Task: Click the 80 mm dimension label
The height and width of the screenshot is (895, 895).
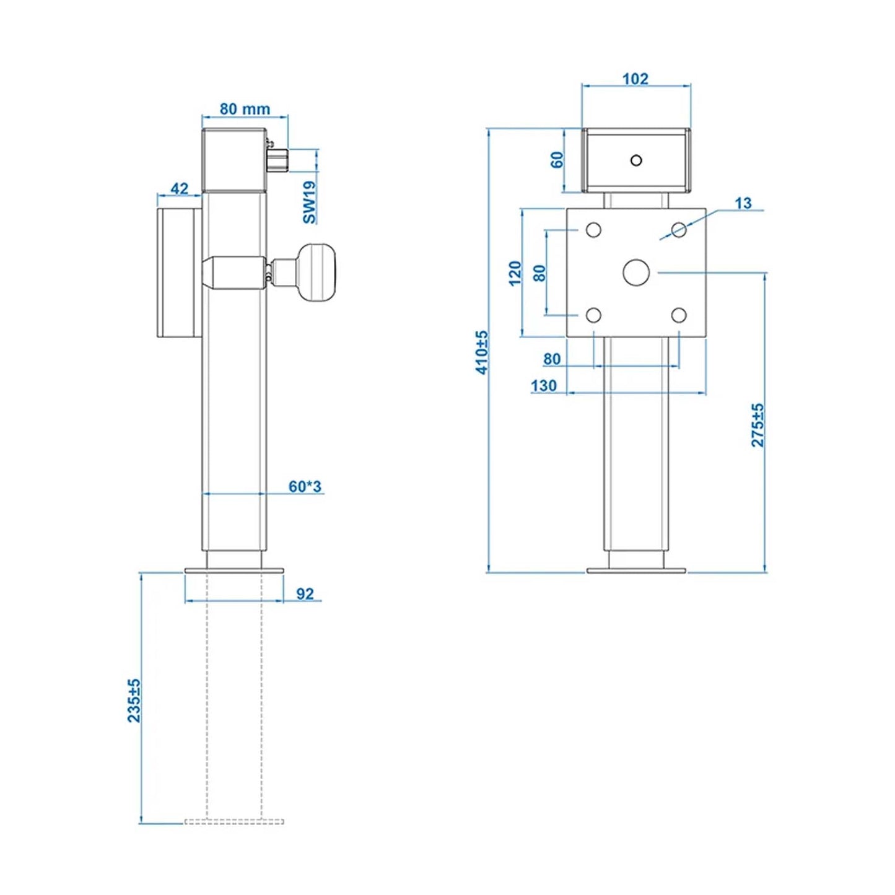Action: point(245,109)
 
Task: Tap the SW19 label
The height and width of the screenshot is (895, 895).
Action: point(310,202)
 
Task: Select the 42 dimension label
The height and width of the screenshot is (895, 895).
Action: point(179,188)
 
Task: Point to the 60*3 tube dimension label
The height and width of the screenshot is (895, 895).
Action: point(305,486)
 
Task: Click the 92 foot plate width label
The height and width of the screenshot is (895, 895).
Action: point(305,593)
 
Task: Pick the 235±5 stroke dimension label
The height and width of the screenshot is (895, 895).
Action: point(134,700)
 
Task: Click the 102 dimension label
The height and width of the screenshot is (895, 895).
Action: point(635,79)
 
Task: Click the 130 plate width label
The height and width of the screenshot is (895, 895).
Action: point(543,385)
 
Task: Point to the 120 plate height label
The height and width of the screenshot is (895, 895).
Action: point(515,273)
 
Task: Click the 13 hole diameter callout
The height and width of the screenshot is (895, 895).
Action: point(743,203)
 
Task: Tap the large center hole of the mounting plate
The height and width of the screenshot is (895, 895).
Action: point(635,273)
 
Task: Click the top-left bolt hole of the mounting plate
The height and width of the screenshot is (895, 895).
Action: point(593,230)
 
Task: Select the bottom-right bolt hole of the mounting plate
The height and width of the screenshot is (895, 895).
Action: point(679,315)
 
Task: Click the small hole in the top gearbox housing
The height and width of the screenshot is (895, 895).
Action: point(636,160)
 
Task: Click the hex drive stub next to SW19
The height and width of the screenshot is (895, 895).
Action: point(278,160)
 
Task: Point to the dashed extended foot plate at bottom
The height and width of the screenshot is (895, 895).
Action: point(234,821)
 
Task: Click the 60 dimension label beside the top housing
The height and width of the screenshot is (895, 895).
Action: point(557,160)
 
